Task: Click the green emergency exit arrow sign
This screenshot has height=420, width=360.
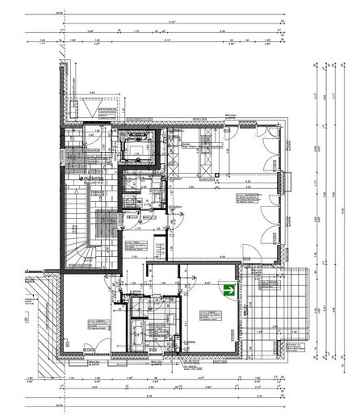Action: [230, 288]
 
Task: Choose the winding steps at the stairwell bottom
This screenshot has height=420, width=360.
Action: [81, 250]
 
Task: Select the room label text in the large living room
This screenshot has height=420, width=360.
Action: [247, 198]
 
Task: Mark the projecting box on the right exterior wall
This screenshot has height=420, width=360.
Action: [283, 185]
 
